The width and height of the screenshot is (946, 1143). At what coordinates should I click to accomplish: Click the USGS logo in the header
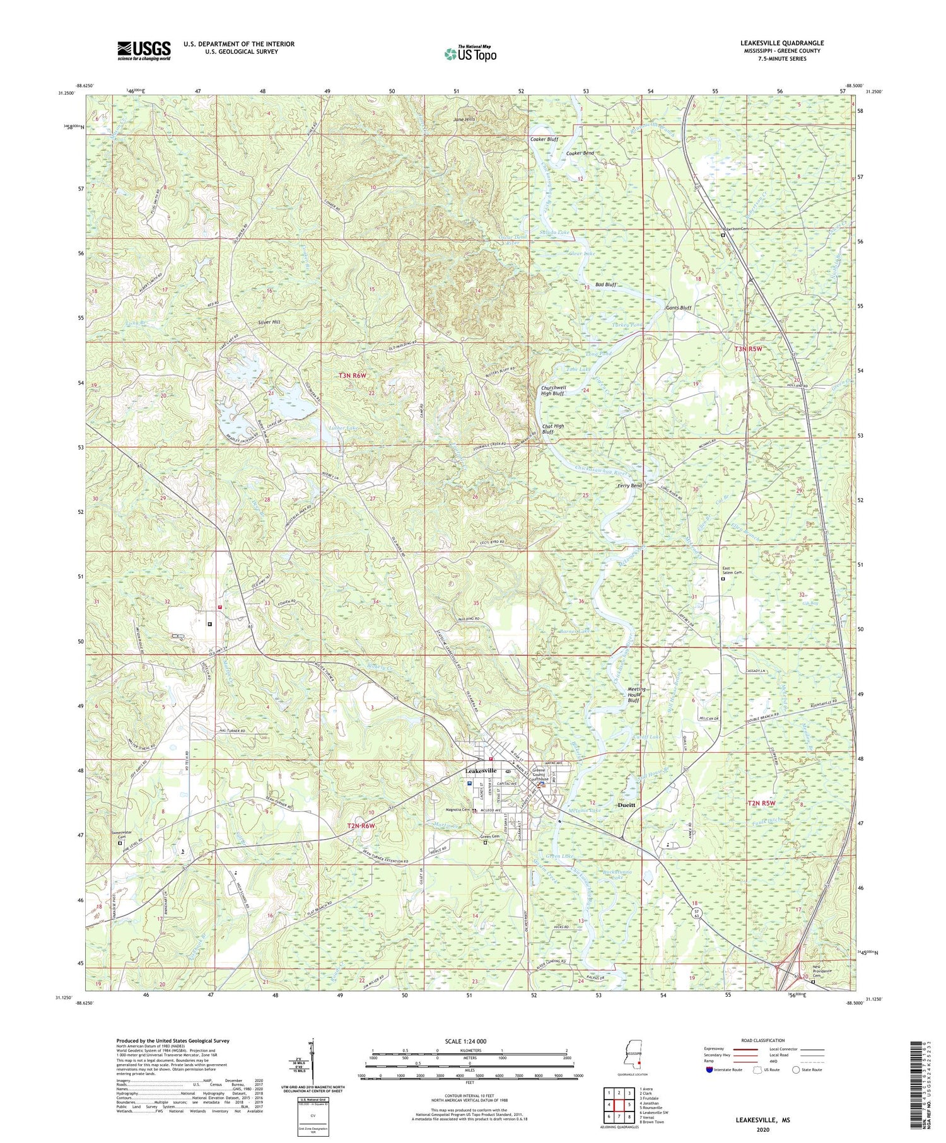(144, 50)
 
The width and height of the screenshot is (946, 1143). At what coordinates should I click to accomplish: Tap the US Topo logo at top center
(470, 54)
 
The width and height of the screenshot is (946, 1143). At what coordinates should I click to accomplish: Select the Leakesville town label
(485, 770)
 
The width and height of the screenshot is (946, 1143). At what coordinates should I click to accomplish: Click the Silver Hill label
(269, 322)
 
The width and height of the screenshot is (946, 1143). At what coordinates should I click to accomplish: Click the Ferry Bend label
(629, 486)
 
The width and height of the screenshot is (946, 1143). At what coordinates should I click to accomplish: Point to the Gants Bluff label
(679, 308)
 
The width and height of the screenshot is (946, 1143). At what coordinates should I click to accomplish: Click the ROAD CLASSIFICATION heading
(763, 1040)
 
